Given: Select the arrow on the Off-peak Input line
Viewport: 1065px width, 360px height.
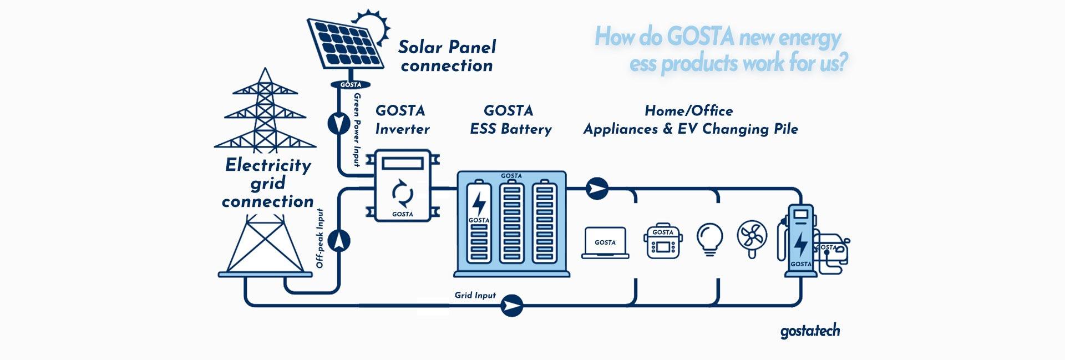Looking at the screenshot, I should point(338,241).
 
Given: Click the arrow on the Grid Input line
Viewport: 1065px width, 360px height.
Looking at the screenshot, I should point(512,305).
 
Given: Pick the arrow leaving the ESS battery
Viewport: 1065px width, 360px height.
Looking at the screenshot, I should point(597,188).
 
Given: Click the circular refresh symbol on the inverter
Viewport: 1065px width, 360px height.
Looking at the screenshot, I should point(403,193).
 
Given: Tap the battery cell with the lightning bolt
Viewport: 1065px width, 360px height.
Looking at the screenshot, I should point(479,221).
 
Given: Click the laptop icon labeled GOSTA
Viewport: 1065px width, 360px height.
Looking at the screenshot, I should point(605,242).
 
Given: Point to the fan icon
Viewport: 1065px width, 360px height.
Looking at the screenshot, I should point(752,237).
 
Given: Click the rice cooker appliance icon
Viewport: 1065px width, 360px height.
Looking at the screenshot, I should point(663,242).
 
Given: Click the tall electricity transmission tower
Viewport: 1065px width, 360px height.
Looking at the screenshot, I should point(265,111).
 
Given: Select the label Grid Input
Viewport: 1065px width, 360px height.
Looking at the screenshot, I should point(475,295).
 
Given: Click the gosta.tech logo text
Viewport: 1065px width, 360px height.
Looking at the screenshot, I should point(810,331).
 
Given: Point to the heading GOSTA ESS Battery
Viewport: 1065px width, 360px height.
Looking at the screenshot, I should point(510,120).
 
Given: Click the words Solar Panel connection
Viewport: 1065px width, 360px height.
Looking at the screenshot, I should point(447,56).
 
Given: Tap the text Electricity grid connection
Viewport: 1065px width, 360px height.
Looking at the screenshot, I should point(268,183).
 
